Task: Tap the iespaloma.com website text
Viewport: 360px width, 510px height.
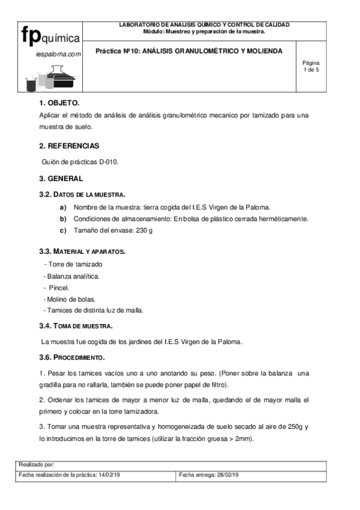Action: pos(58,54)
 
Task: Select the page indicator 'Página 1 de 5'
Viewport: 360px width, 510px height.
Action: pos(311,66)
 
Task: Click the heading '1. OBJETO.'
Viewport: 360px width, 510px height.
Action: pos(59,103)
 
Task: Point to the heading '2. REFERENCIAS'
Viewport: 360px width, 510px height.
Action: pos(69,146)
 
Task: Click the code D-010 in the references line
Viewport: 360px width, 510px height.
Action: pos(109,162)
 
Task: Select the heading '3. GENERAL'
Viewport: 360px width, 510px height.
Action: pos(61,179)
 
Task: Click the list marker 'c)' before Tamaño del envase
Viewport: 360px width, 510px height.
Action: pos(63,230)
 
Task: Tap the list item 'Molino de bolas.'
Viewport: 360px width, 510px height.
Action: pos(72,299)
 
